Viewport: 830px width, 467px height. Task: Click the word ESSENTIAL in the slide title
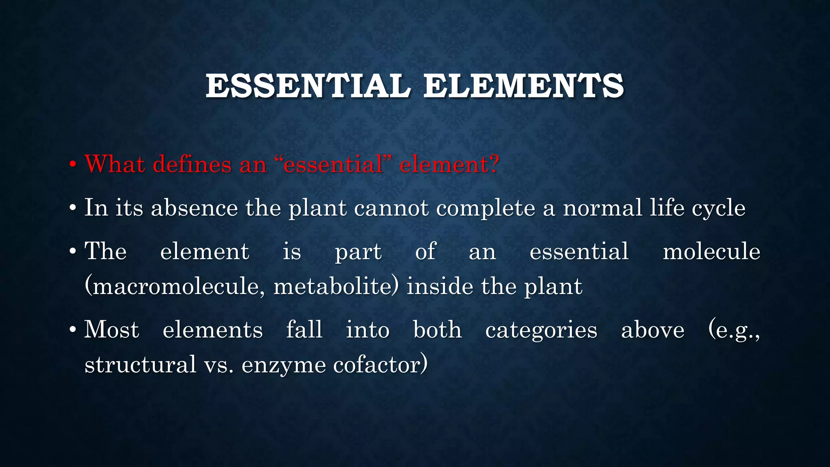[x=308, y=86]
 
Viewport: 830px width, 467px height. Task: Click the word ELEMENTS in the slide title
[x=524, y=86]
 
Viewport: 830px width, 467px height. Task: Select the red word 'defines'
[x=192, y=165]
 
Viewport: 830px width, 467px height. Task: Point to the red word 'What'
[x=115, y=165]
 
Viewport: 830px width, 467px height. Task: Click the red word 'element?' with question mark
[x=449, y=165]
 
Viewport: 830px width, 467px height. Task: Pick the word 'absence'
[x=195, y=208]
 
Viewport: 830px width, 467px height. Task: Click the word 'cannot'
[x=391, y=208]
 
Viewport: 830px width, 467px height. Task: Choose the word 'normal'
[x=602, y=208]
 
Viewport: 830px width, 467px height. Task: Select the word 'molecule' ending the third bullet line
[x=711, y=251]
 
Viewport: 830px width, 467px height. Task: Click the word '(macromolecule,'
[x=175, y=286]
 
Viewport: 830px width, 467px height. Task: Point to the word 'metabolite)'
[x=336, y=286]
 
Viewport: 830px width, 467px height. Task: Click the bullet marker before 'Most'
[x=73, y=330]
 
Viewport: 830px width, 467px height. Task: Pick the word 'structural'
[x=140, y=364]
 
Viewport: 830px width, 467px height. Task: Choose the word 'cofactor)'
[x=380, y=364]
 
